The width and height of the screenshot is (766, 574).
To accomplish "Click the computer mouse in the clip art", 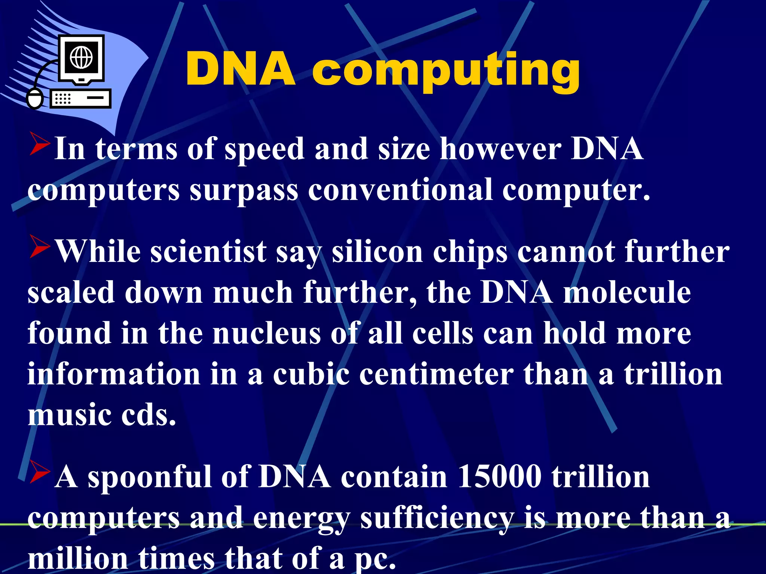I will (35, 99).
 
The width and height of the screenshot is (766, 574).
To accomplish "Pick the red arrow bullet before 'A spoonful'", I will (39, 472).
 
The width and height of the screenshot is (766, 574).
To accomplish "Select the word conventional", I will (400, 190).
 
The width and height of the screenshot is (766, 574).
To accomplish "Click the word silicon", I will (377, 252).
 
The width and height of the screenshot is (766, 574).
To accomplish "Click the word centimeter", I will (436, 374).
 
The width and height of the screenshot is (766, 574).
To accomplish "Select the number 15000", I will (499, 477).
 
